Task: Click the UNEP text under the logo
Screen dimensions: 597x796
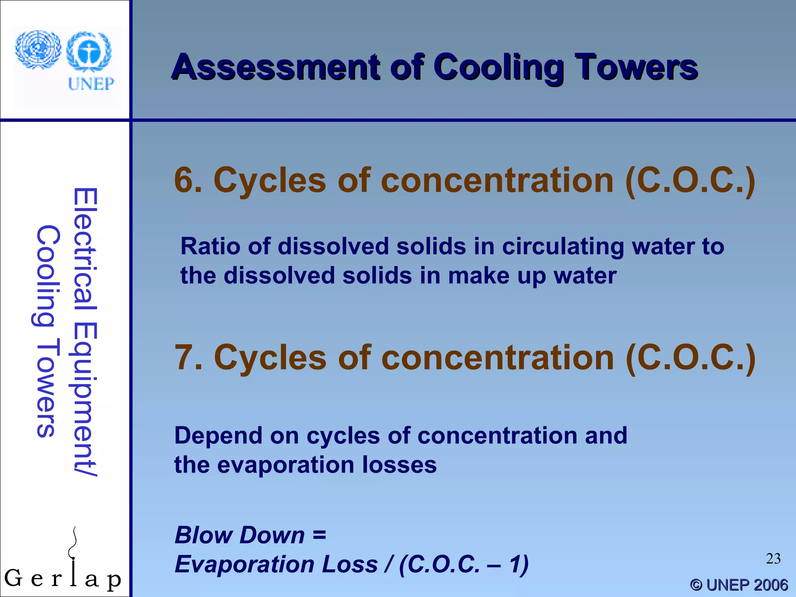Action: tap(91, 84)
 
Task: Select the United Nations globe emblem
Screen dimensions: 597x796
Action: tap(38, 50)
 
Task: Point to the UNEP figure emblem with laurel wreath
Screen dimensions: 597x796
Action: tap(89, 52)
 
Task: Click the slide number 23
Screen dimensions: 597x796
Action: tap(773, 559)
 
